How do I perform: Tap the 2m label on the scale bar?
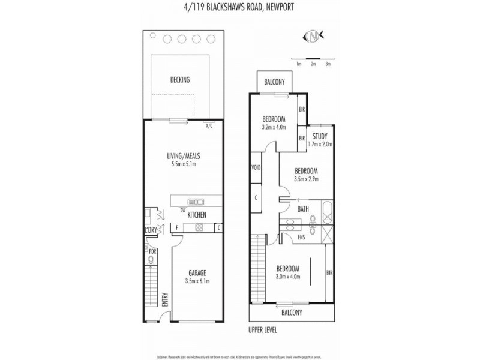pyautogui.click(x=313, y=63)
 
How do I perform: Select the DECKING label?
pyautogui.click(x=179, y=80)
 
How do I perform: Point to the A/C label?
pyautogui.click(x=209, y=127)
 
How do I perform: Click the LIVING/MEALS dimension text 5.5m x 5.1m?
pyautogui.click(x=183, y=164)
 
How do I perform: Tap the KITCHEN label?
pyautogui.click(x=197, y=215)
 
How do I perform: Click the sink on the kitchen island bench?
pyautogui.click(x=196, y=202)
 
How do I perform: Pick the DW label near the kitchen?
pyautogui.click(x=182, y=209)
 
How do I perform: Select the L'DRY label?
pyautogui.click(x=150, y=230)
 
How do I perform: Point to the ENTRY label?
pyautogui.click(x=165, y=299)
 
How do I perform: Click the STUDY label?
pyautogui.click(x=319, y=136)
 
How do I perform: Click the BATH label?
pyautogui.click(x=304, y=209)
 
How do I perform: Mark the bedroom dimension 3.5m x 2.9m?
pyautogui.click(x=305, y=179)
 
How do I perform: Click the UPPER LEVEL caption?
pyautogui.click(x=263, y=330)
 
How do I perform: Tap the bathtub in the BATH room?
pyautogui.click(x=326, y=213)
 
